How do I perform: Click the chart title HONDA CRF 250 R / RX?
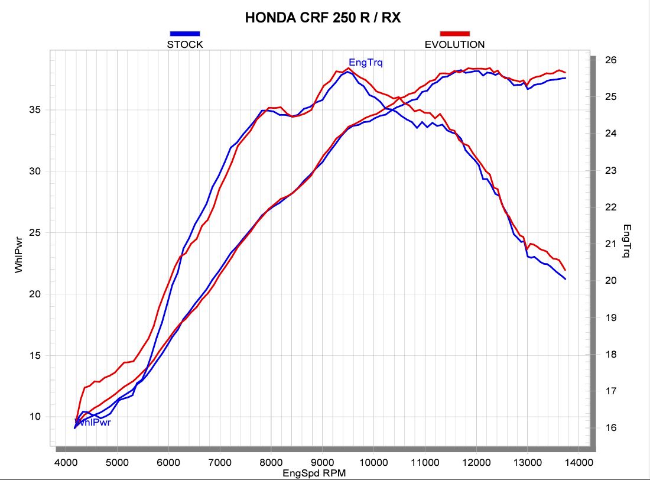pyautogui.click(x=323, y=18)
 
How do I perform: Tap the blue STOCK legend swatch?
pyautogui.click(x=185, y=34)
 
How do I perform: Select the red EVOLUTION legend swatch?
pyautogui.click(x=454, y=34)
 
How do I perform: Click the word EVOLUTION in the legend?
pyautogui.click(x=454, y=44)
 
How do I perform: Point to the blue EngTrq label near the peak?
pyautogui.click(x=366, y=63)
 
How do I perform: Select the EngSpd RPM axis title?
pyautogui.click(x=314, y=473)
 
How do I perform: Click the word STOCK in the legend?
pyautogui.click(x=185, y=44)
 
